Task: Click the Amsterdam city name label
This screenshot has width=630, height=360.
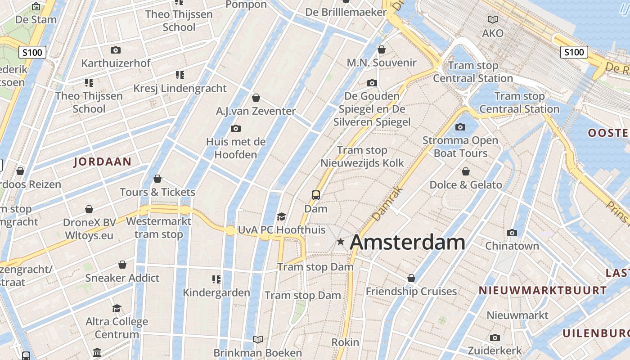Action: [x=407, y=242]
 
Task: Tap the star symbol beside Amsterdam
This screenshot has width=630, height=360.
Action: [x=341, y=242]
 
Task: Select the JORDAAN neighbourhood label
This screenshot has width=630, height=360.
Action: [x=103, y=162]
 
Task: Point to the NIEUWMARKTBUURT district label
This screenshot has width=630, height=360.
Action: [x=543, y=290]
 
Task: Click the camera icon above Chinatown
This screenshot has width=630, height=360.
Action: [x=512, y=233]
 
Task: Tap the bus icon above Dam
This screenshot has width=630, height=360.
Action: [x=316, y=195]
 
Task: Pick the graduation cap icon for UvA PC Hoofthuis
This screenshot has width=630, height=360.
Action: [x=282, y=217]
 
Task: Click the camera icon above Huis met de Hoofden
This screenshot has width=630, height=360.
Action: [x=235, y=129]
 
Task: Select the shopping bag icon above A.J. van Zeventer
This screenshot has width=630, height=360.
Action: [x=256, y=98]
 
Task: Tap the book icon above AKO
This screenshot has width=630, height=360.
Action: [x=493, y=20]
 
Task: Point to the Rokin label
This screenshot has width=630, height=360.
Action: [x=346, y=342]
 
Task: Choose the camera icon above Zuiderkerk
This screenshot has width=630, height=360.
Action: [x=495, y=337]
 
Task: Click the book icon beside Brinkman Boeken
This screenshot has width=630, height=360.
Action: [x=258, y=340]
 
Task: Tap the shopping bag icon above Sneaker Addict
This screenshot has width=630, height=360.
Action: [x=122, y=265]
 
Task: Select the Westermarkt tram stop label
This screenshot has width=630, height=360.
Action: [x=158, y=228]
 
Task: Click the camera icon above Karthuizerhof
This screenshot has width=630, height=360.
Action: [x=116, y=50]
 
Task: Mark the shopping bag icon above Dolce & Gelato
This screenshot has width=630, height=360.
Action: [x=466, y=171]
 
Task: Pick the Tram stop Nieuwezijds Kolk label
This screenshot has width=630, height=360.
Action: [x=362, y=157]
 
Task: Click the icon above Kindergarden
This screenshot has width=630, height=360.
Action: [x=216, y=279]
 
